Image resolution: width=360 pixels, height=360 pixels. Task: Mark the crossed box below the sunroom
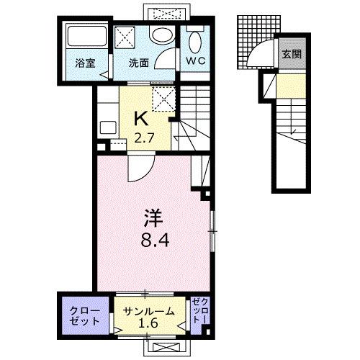(x=166, y=348)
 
